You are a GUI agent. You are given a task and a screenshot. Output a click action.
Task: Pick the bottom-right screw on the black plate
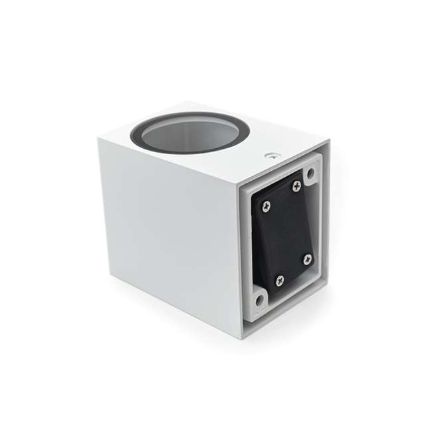pos(307,259)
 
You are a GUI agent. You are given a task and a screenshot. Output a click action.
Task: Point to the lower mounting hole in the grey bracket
pos(259,300)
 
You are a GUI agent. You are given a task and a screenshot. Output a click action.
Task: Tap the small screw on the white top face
pos(270,157)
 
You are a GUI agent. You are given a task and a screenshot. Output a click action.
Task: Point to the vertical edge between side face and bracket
pos(237,259)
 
